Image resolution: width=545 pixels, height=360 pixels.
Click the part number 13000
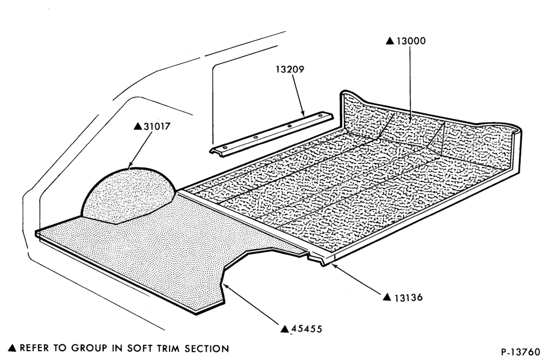[411, 41]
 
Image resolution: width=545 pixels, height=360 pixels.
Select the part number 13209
[290, 69]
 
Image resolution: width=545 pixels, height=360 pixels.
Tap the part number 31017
[157, 126]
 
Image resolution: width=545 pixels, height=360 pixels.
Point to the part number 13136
[409, 298]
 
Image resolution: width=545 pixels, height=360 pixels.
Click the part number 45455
[306, 329]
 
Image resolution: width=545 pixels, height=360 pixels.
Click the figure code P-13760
[520, 352]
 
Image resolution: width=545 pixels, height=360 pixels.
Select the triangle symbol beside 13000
[390, 41]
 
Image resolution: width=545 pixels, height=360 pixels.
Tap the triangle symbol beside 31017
[138, 126]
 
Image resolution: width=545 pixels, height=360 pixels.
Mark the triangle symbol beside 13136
[387, 297]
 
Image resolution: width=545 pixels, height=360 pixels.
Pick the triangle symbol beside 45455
[285, 329]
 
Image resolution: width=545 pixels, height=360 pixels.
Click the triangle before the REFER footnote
[12, 348]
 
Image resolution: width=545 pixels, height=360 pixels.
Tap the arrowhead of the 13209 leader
[302, 113]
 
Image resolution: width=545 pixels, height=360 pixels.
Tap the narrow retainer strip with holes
[271, 134]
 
